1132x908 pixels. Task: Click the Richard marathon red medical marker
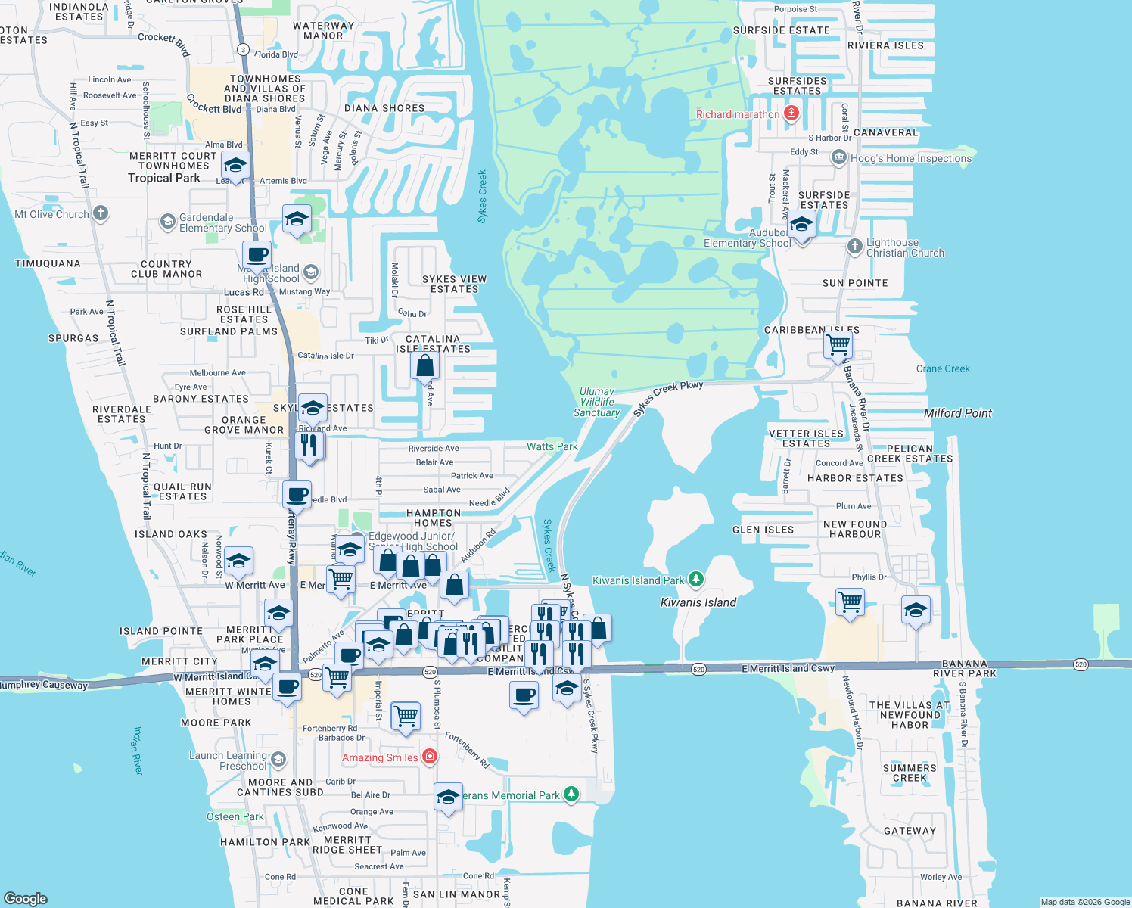tap(791, 114)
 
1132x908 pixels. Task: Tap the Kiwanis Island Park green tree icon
tap(696, 580)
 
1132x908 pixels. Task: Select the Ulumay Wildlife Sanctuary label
tap(597, 403)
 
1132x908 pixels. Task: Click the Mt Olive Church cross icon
tap(100, 214)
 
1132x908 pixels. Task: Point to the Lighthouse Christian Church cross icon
tap(855, 246)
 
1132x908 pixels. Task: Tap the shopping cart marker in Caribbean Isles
tap(838, 345)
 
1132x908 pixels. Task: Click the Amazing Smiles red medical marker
tap(430, 757)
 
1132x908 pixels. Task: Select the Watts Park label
tap(552, 446)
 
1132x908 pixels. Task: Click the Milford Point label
tap(957, 413)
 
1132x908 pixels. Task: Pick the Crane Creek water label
tap(943, 368)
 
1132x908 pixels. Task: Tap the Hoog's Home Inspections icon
tap(838, 158)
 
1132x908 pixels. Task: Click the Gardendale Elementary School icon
tap(168, 221)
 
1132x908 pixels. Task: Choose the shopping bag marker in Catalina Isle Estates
tap(425, 365)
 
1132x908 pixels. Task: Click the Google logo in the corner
tap(26, 898)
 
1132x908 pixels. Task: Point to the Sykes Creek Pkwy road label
tap(668, 397)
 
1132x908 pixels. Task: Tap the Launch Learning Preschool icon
tap(278, 759)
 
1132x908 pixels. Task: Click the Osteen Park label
tap(235, 816)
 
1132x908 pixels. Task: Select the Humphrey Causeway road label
tap(44, 685)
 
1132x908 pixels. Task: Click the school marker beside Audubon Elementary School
tap(801, 225)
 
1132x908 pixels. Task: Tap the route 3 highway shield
tap(242, 49)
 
